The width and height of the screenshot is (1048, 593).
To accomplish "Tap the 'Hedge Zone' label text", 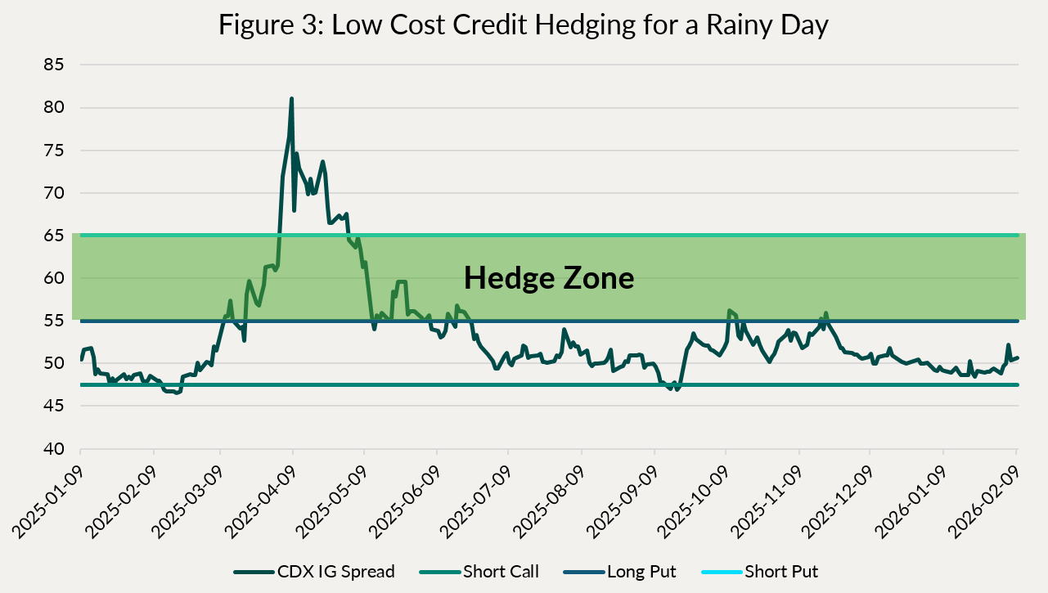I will click(x=549, y=278).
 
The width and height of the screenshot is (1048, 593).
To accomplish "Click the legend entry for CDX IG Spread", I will click(x=314, y=572).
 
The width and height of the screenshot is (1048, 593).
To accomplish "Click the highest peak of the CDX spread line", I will click(x=291, y=99).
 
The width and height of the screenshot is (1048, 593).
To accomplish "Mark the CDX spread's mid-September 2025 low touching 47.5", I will click(x=677, y=389).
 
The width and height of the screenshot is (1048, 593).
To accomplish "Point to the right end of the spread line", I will click(x=1017, y=357).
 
